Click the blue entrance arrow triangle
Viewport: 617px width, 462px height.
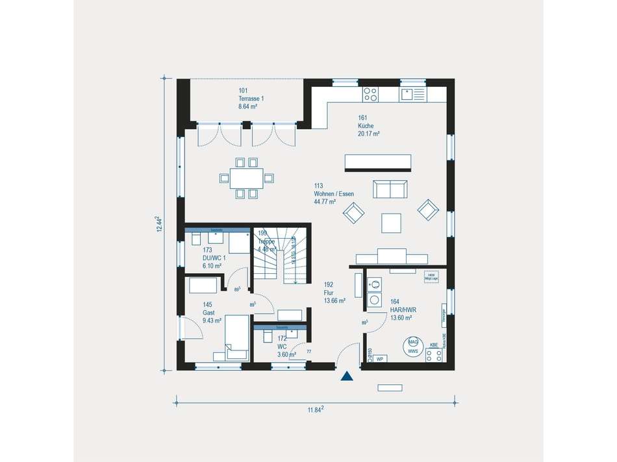[347, 376]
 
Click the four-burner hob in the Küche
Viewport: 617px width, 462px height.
[371, 95]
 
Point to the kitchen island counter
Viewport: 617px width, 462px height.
[377, 162]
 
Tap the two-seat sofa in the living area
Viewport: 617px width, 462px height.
[391, 189]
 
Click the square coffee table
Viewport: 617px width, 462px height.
[392, 223]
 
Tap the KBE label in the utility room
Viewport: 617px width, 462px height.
[434, 345]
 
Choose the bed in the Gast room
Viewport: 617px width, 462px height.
[235, 337]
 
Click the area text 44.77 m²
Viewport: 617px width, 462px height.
[324, 202]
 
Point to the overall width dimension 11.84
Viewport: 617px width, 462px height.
[316, 409]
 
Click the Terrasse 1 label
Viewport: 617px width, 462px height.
[251, 98]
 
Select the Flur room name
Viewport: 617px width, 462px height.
[329, 293]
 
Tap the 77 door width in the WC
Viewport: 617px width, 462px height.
[308, 351]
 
